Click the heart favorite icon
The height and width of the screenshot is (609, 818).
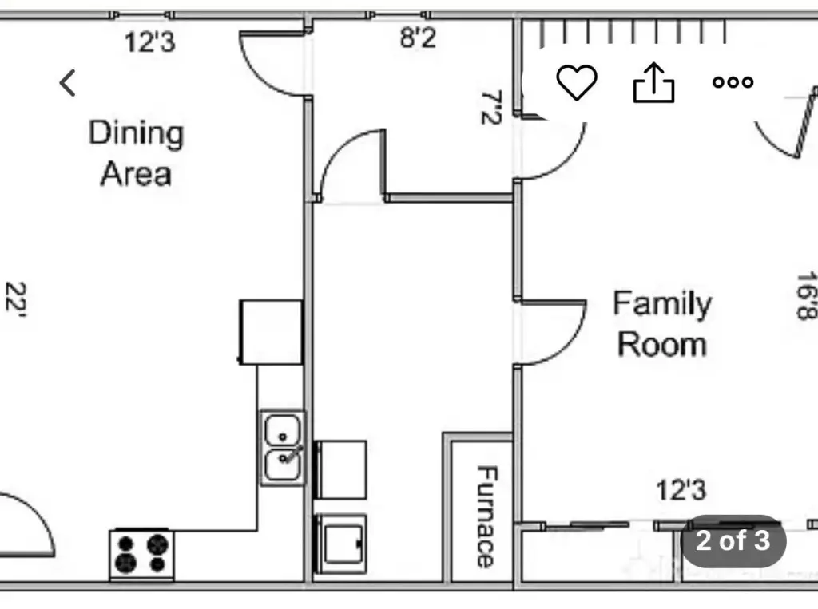pyautogui.click(x=577, y=82)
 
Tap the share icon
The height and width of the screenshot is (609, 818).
pyautogui.click(x=653, y=82)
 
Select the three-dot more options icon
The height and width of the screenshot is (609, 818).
pyautogui.click(x=733, y=82)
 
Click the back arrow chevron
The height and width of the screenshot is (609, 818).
pyautogui.click(x=68, y=83)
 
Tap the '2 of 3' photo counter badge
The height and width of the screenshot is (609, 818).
pyautogui.click(x=733, y=540)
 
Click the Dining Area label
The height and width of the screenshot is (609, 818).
pyautogui.click(x=136, y=152)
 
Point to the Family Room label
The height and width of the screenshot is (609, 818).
pyautogui.click(x=662, y=324)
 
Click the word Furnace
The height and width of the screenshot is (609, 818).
pyautogui.click(x=486, y=516)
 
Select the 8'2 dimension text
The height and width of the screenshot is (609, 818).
pyautogui.click(x=418, y=38)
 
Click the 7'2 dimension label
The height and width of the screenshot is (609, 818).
pyautogui.click(x=491, y=108)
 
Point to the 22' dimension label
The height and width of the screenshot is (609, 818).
pyautogui.click(x=16, y=299)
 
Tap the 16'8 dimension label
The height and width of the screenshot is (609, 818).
pyautogui.click(x=807, y=295)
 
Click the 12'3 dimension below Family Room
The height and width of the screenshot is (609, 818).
pyautogui.click(x=681, y=490)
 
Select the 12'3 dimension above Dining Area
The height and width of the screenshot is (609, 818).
pyautogui.click(x=149, y=42)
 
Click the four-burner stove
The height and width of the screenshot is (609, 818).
pyautogui.click(x=141, y=554)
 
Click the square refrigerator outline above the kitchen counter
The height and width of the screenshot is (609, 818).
pyautogui.click(x=272, y=332)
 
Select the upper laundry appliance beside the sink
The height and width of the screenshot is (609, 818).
pyautogui.click(x=340, y=470)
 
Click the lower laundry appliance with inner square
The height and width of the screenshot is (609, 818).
pyautogui.click(x=340, y=544)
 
